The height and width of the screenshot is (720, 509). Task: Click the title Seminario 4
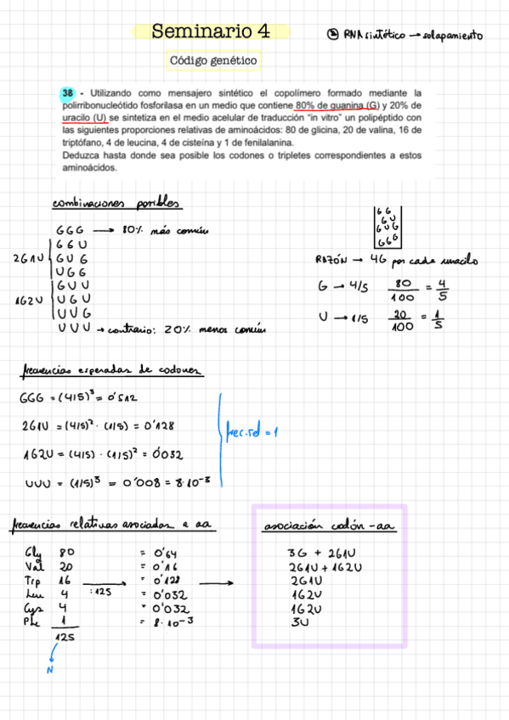click(211, 32)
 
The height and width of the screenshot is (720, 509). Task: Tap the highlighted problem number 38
click(67, 93)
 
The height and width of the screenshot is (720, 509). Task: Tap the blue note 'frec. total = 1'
click(252, 432)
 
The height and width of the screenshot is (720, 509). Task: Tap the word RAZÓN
click(330, 260)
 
